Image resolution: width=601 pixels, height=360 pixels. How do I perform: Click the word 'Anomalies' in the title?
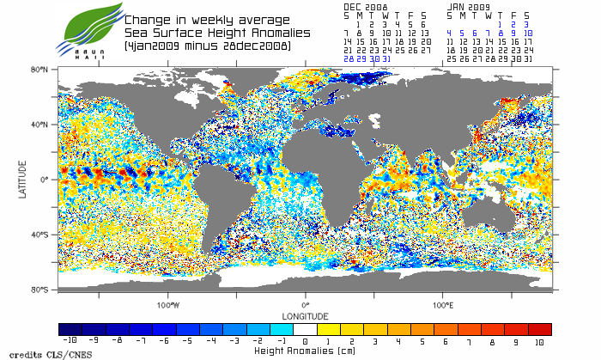(251, 32)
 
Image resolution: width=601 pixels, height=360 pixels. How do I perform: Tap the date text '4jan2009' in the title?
(154, 44)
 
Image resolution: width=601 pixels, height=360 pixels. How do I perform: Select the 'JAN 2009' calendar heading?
(469, 6)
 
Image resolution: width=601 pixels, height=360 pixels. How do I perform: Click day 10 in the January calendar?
(527, 33)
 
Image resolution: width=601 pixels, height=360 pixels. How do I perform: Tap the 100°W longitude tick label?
(168, 304)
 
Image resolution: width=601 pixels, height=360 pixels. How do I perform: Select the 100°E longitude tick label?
(442, 304)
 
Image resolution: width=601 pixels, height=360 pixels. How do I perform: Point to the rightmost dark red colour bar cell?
(539, 329)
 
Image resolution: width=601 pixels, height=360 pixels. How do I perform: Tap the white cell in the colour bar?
(306, 329)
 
